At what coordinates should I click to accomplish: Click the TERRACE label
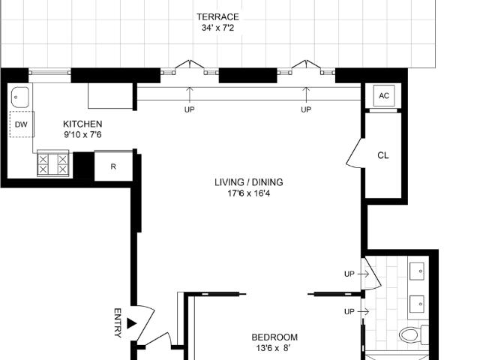217,16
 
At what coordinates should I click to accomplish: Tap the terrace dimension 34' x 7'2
217,28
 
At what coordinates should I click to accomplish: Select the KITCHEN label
82,124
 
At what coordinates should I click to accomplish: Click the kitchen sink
20,97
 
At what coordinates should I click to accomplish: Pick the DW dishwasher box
21,124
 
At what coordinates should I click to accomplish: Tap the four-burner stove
53,163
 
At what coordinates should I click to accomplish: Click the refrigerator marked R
113,166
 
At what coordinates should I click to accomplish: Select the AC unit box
384,95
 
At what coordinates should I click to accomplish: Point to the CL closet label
383,155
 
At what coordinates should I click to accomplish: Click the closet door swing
355,154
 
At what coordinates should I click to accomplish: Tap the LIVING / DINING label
248,182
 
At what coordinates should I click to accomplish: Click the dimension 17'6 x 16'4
248,193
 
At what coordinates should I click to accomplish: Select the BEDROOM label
274,337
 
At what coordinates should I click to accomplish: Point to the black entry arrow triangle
131,323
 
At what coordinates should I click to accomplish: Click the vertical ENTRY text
118,322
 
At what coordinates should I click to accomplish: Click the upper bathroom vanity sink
417,271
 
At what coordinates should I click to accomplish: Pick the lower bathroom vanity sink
417,304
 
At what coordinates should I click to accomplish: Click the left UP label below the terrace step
190,109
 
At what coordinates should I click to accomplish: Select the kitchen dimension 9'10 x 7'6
82,135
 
